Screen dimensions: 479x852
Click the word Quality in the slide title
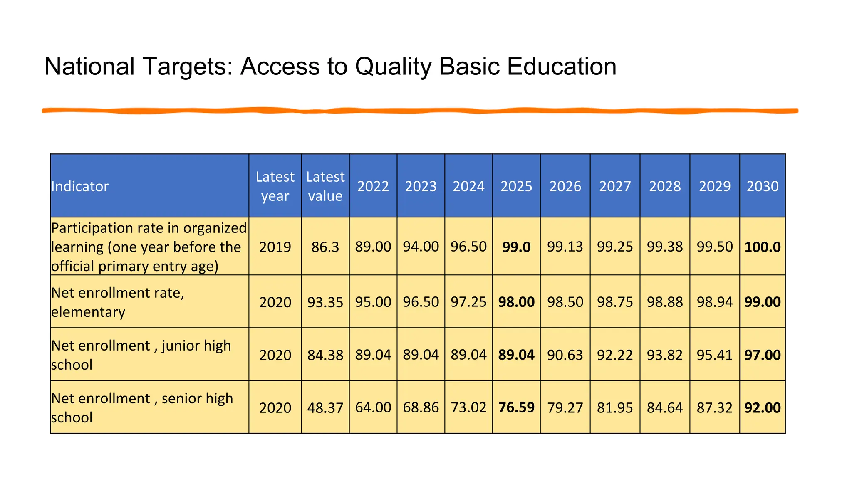[393, 67]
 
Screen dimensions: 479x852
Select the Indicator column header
[80, 186]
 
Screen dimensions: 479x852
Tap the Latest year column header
[275, 186]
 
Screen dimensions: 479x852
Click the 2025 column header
[516, 186]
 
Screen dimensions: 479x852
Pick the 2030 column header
[762, 186]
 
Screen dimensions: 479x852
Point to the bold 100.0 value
[762, 247]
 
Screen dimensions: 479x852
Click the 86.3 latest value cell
[325, 247]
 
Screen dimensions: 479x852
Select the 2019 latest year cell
[275, 247]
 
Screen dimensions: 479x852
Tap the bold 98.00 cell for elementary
[516, 302]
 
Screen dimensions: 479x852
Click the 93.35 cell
[325, 302]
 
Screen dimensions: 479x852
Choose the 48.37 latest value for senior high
[325, 407]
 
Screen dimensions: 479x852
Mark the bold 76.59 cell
[516, 407]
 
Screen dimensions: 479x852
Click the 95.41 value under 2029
[714, 355]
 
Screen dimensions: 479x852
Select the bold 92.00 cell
[762, 407]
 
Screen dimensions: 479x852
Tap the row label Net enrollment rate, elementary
[117, 302]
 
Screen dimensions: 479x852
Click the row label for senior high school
[141, 407]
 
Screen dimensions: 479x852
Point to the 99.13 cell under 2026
[565, 247]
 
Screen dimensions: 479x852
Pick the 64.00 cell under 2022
[373, 407]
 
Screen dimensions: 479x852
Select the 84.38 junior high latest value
[325, 355]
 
